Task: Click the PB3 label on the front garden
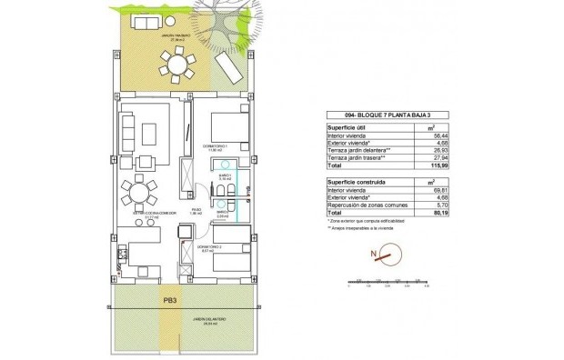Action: click(x=169, y=296)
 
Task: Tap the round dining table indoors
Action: click(x=136, y=193)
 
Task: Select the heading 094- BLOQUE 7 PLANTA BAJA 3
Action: click(x=366, y=115)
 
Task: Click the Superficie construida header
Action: click(x=357, y=182)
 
